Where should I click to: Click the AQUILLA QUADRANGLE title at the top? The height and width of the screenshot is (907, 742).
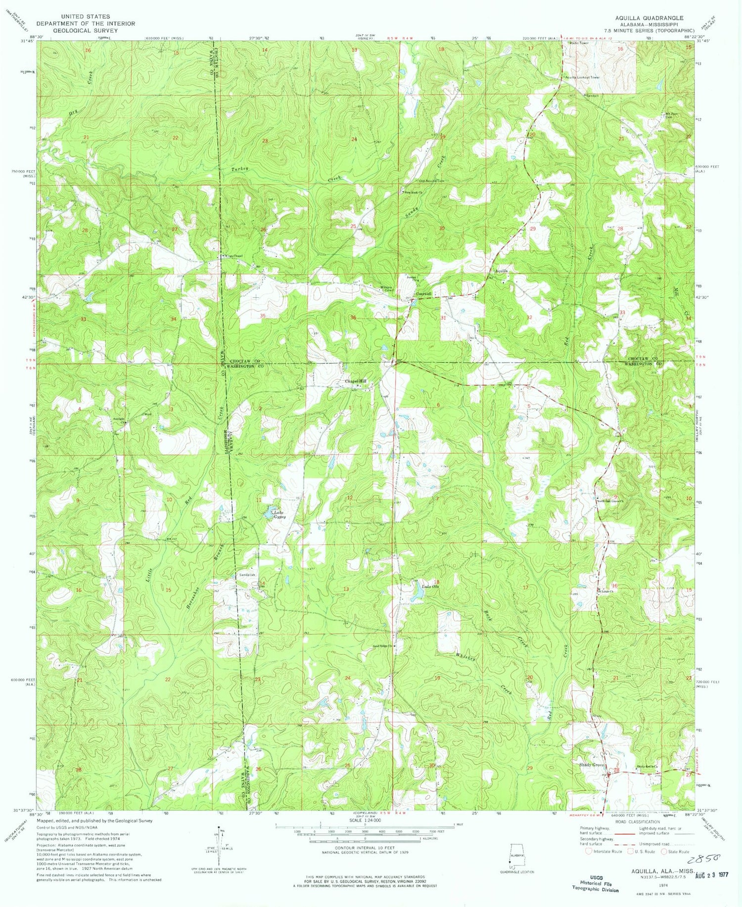pos(649,17)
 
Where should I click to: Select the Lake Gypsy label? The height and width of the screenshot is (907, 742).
pos(279,515)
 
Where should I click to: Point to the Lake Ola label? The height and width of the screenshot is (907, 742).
pos(429,587)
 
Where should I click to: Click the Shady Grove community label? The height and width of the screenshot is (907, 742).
pos(592,765)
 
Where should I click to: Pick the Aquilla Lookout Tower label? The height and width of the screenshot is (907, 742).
pos(582,78)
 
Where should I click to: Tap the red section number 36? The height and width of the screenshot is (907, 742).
pos(353,317)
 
